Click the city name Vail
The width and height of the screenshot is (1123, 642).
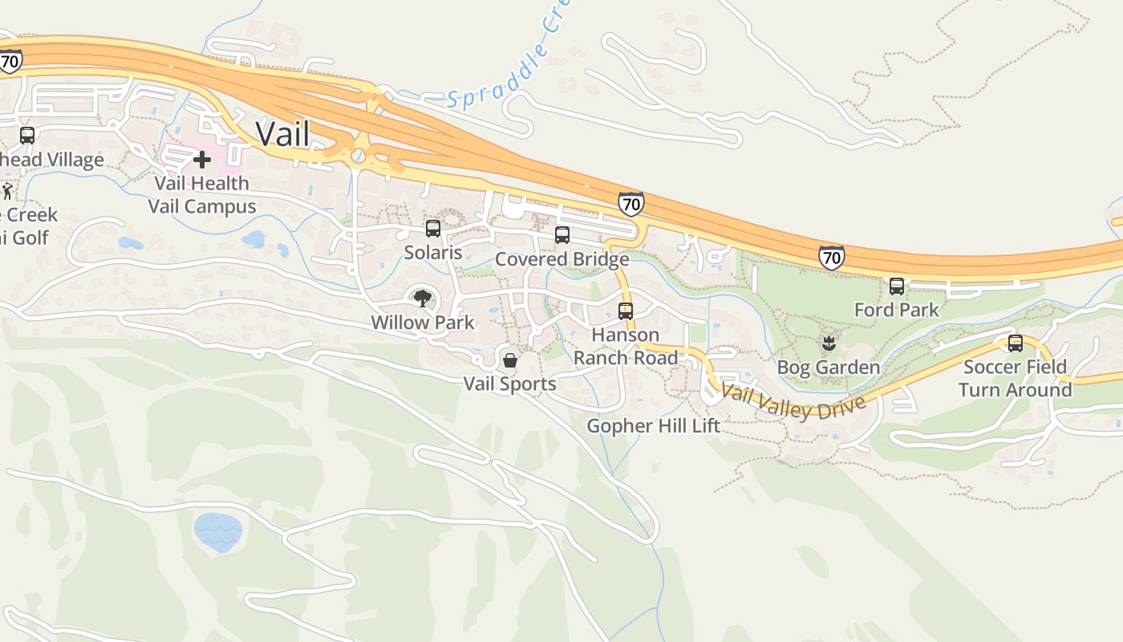[x=282, y=133]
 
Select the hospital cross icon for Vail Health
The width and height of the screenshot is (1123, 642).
[x=201, y=160]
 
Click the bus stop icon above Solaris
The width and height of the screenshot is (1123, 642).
[x=433, y=229]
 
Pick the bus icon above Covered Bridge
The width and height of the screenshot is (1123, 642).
[x=562, y=235]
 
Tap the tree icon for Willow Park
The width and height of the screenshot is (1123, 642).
[x=422, y=299]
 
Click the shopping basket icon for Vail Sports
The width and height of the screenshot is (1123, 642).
[x=509, y=360]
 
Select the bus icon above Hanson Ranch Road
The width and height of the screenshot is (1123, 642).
[x=626, y=311]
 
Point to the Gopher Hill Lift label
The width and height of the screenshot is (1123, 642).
[x=653, y=425]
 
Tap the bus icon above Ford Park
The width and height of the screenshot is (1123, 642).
[x=897, y=286]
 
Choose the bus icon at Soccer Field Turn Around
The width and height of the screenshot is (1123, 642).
[x=1016, y=343]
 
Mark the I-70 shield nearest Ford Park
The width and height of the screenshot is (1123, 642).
[x=832, y=257]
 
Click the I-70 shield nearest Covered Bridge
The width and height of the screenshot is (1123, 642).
[x=631, y=204]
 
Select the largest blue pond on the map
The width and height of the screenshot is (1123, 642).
[x=217, y=531]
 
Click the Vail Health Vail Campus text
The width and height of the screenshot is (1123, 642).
[x=201, y=195]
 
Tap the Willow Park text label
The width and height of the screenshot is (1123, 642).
[x=422, y=323]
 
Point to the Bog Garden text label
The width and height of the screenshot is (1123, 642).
[x=828, y=368]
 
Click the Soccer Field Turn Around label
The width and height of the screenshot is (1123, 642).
[x=1015, y=379]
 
